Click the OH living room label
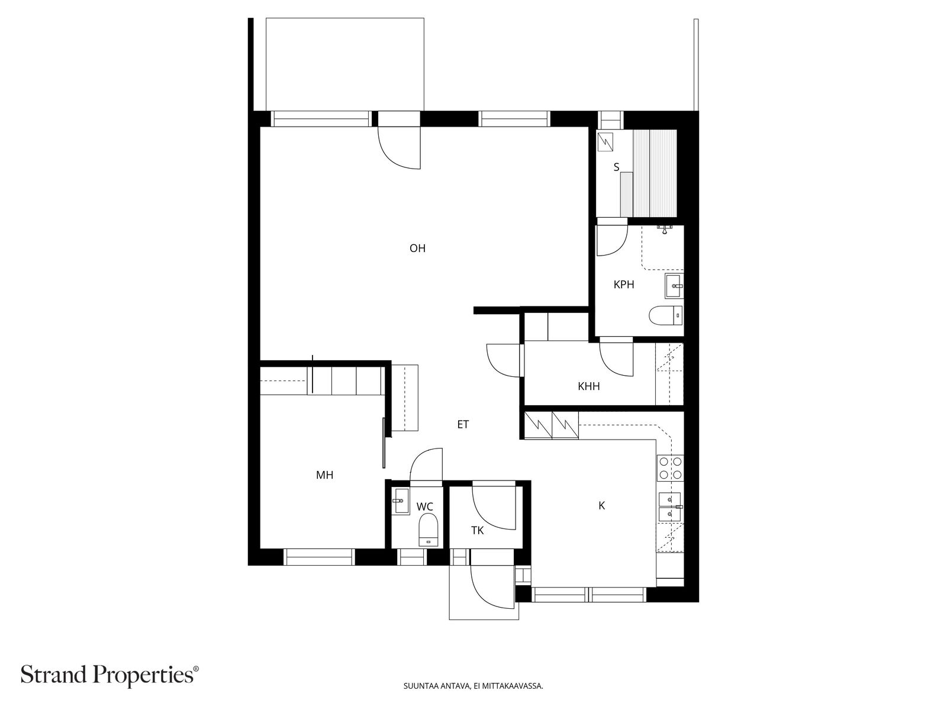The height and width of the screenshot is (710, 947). (417, 248)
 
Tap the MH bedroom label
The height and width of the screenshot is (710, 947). (324, 475)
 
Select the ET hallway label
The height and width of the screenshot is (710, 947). (462, 425)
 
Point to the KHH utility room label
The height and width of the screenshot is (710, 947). (588, 386)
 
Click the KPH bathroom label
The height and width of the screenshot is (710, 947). (624, 285)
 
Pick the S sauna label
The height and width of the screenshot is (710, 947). (617, 167)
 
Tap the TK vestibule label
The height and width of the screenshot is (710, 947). (477, 531)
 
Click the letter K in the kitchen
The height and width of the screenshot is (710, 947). (602, 506)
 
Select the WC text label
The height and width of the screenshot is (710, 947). (424, 507)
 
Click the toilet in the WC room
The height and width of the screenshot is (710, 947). (429, 530)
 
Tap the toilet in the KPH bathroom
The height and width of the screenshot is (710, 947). (666, 315)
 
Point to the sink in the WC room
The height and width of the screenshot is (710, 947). (401, 501)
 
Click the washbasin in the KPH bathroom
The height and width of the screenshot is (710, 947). (674, 285)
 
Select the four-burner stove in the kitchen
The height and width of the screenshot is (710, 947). (671, 468)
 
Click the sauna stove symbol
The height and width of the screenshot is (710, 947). (605, 142)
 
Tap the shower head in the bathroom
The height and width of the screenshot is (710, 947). (665, 230)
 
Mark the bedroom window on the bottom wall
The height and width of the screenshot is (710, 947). (319, 557)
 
